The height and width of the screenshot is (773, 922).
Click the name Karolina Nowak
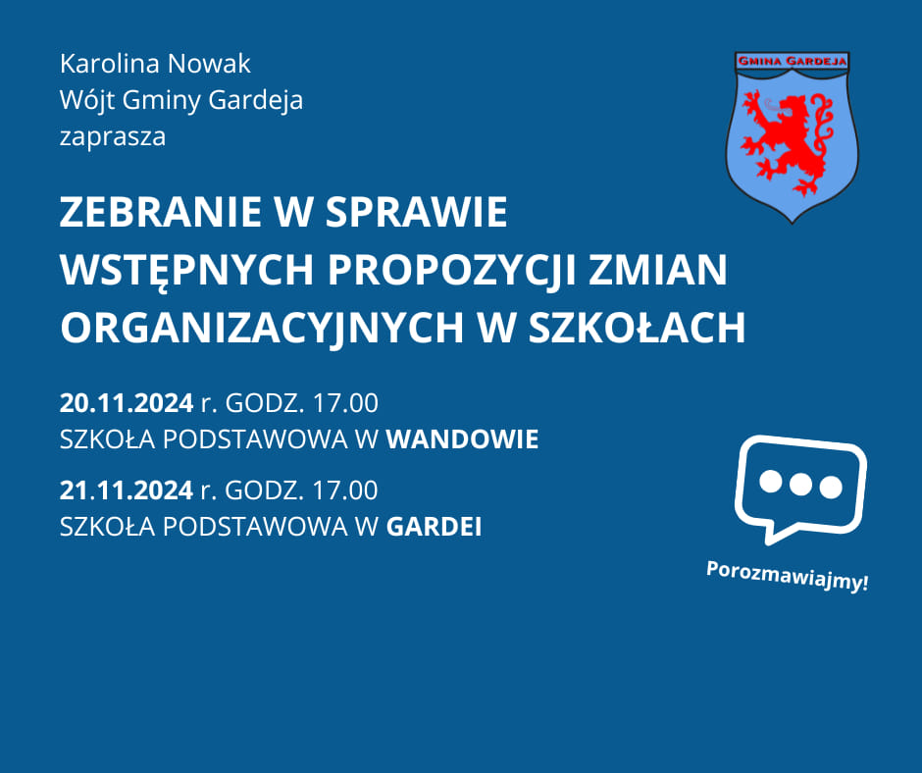[155, 64]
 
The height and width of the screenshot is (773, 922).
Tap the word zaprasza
[113, 137]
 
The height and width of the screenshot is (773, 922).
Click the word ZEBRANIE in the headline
[161, 212]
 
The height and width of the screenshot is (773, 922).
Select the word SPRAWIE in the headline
[416, 212]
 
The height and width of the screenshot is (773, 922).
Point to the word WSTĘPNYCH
[187, 271]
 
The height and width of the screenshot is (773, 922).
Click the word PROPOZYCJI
[451, 271]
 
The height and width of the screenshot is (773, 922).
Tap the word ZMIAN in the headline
[658, 270]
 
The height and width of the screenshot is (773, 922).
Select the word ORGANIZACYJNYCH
[262, 329]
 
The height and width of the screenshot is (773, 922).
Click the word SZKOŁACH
[637, 327]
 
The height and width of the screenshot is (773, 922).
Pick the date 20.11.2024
[127, 403]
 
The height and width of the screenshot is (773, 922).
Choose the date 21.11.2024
[127, 490]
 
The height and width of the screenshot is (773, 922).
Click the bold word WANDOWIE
[462, 439]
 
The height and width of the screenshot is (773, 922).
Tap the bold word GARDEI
[434, 527]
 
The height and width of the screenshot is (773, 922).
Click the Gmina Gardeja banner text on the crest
[793, 61]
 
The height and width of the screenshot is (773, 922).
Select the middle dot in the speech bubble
[800, 485]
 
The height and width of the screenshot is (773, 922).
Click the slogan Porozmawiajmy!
[787, 576]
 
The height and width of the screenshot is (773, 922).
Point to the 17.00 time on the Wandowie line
[345, 403]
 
